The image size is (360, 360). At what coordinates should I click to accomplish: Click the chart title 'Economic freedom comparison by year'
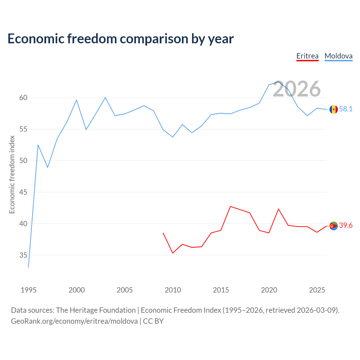pos(120,39)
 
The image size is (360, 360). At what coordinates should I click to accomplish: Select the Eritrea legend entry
pos(307,56)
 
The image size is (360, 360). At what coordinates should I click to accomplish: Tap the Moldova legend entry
pos(338,56)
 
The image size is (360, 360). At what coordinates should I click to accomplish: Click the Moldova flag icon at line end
pos(334,109)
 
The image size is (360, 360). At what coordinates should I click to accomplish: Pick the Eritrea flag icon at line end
pos(334,226)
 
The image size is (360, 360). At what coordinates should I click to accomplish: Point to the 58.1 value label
pos(346,109)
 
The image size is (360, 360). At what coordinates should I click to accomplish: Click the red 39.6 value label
pos(346,225)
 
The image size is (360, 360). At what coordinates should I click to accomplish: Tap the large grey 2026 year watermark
pos(296,89)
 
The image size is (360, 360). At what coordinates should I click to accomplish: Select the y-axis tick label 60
pos(23,98)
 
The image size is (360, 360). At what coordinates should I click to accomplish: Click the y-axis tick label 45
pos(23,192)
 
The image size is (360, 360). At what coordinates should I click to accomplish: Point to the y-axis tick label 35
pos(23,255)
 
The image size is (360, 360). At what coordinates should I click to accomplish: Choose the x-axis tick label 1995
pos(29,290)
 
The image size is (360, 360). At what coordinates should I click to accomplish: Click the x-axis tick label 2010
pos(173,290)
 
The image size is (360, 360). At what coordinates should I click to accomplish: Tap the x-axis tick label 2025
pos(317,290)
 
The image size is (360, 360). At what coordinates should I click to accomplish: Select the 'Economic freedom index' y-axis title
pos(12,174)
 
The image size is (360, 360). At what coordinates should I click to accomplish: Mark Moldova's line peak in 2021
pos(278,82)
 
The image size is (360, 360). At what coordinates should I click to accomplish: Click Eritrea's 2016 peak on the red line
pos(231,206)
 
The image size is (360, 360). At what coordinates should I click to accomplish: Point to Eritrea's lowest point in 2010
pos(173,253)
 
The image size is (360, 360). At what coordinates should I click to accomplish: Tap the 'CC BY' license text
pos(153,321)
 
